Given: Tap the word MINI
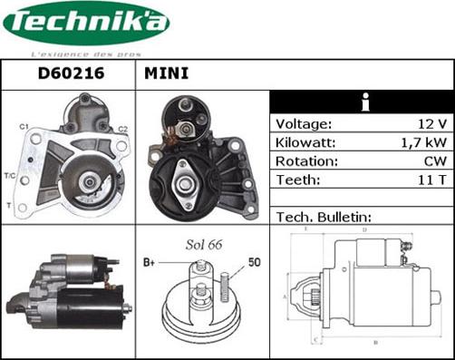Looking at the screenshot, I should coord(167,73).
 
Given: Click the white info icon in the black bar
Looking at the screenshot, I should coord(364,102).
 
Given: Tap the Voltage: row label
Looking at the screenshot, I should coord(304,124).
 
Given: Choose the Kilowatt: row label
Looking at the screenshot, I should coord(306,143).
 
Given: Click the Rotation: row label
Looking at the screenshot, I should coord(306,161).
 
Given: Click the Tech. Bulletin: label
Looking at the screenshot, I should coord(322,218).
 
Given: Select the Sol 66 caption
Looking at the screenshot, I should coord(204,246).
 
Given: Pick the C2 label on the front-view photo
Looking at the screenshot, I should coord(122,129).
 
